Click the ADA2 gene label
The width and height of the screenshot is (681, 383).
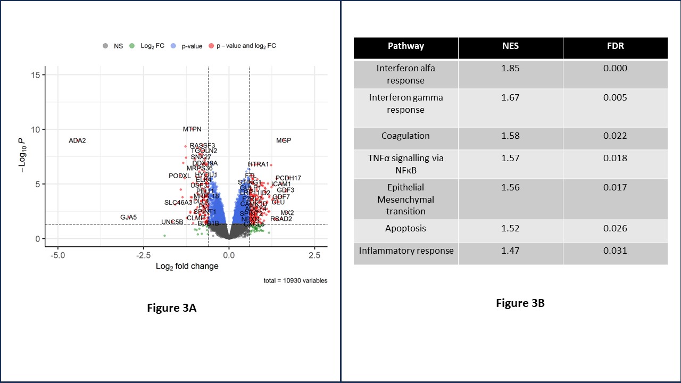(x=77, y=140)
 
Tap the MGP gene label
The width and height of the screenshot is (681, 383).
(x=284, y=140)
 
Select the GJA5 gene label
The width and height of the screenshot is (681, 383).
(x=128, y=217)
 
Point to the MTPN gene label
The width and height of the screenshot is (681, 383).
(x=192, y=129)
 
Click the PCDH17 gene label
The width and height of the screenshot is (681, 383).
(x=288, y=178)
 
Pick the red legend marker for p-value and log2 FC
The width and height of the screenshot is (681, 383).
(x=212, y=46)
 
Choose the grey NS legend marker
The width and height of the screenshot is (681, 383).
(x=106, y=46)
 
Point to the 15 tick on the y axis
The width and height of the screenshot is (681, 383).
(x=36, y=75)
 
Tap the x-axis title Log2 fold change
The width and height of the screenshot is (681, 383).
(x=187, y=266)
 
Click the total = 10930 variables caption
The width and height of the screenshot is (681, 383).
(x=295, y=280)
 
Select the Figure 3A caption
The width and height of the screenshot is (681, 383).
(x=172, y=307)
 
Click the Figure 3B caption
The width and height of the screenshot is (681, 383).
(x=520, y=303)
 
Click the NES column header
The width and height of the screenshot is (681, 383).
(x=510, y=46)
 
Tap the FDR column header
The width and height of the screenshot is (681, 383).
(x=615, y=46)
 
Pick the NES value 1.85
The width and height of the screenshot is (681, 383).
(x=510, y=68)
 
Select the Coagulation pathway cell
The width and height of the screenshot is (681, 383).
(x=405, y=136)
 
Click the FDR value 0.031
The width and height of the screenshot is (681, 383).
(x=615, y=251)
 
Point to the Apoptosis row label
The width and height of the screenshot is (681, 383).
(x=405, y=228)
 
